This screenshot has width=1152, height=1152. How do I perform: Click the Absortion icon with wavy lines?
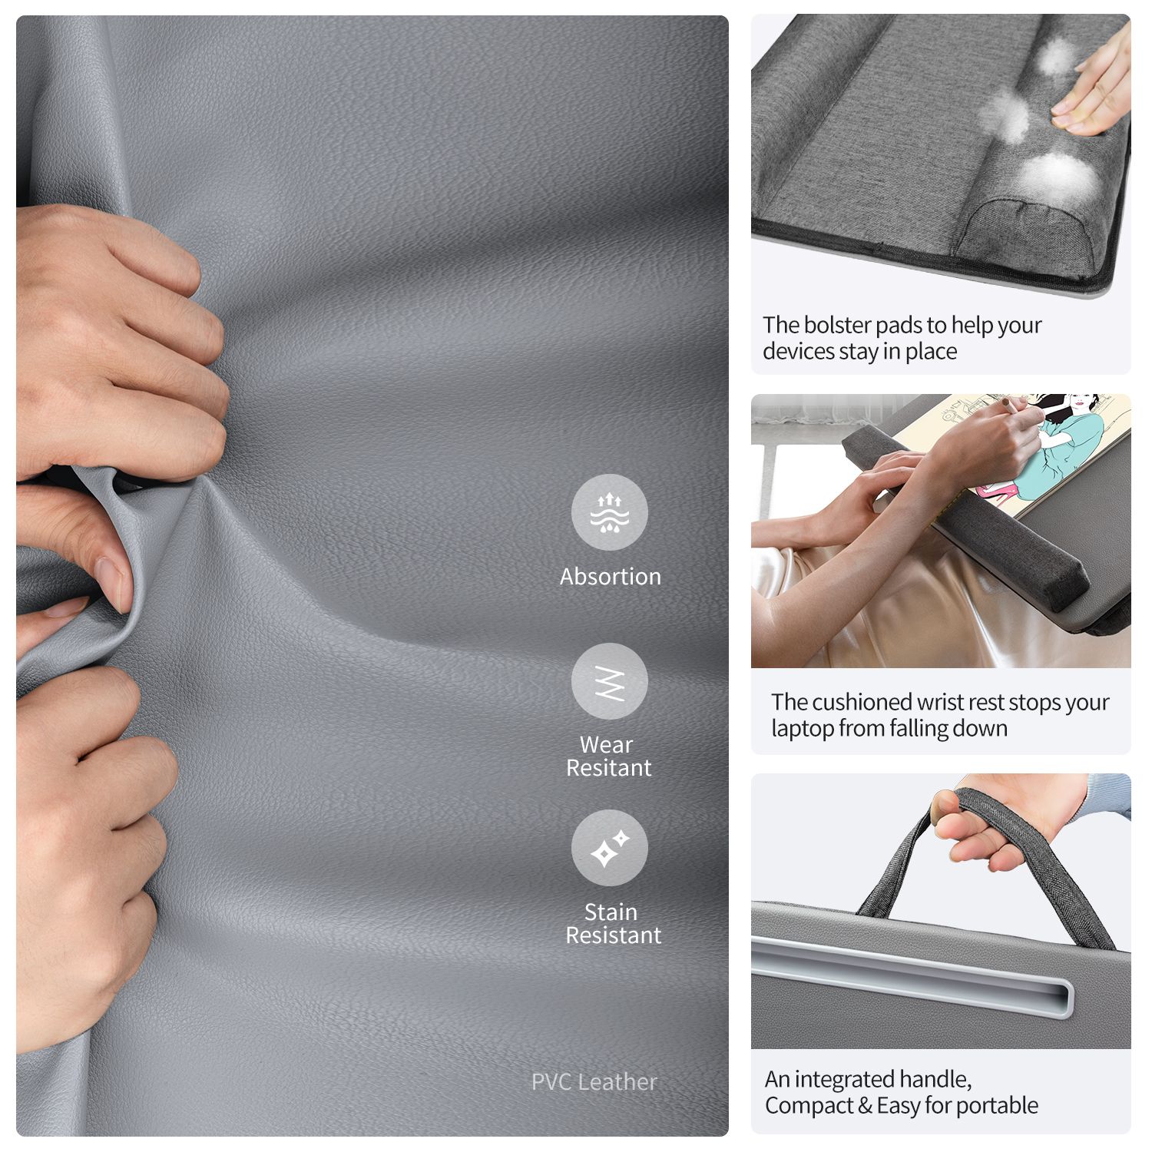pyautogui.click(x=610, y=512)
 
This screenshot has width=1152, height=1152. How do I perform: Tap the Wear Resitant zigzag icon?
pyautogui.click(x=610, y=681)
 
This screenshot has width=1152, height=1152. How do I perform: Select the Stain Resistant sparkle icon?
pyautogui.click(x=610, y=848)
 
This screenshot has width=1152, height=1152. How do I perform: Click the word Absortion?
pyautogui.click(x=611, y=576)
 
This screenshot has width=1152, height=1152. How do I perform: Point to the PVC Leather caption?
pyautogui.click(x=594, y=1081)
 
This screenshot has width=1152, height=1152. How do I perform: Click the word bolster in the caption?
pyautogui.click(x=839, y=325)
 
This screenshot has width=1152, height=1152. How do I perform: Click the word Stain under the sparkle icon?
pyautogui.click(x=611, y=912)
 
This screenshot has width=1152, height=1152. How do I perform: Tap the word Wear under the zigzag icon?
pyautogui.click(x=607, y=744)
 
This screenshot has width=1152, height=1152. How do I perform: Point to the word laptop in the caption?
pyautogui.click(x=803, y=729)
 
